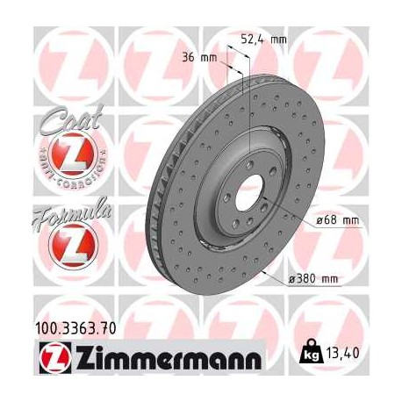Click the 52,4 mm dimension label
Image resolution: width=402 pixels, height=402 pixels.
(x=264, y=38)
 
